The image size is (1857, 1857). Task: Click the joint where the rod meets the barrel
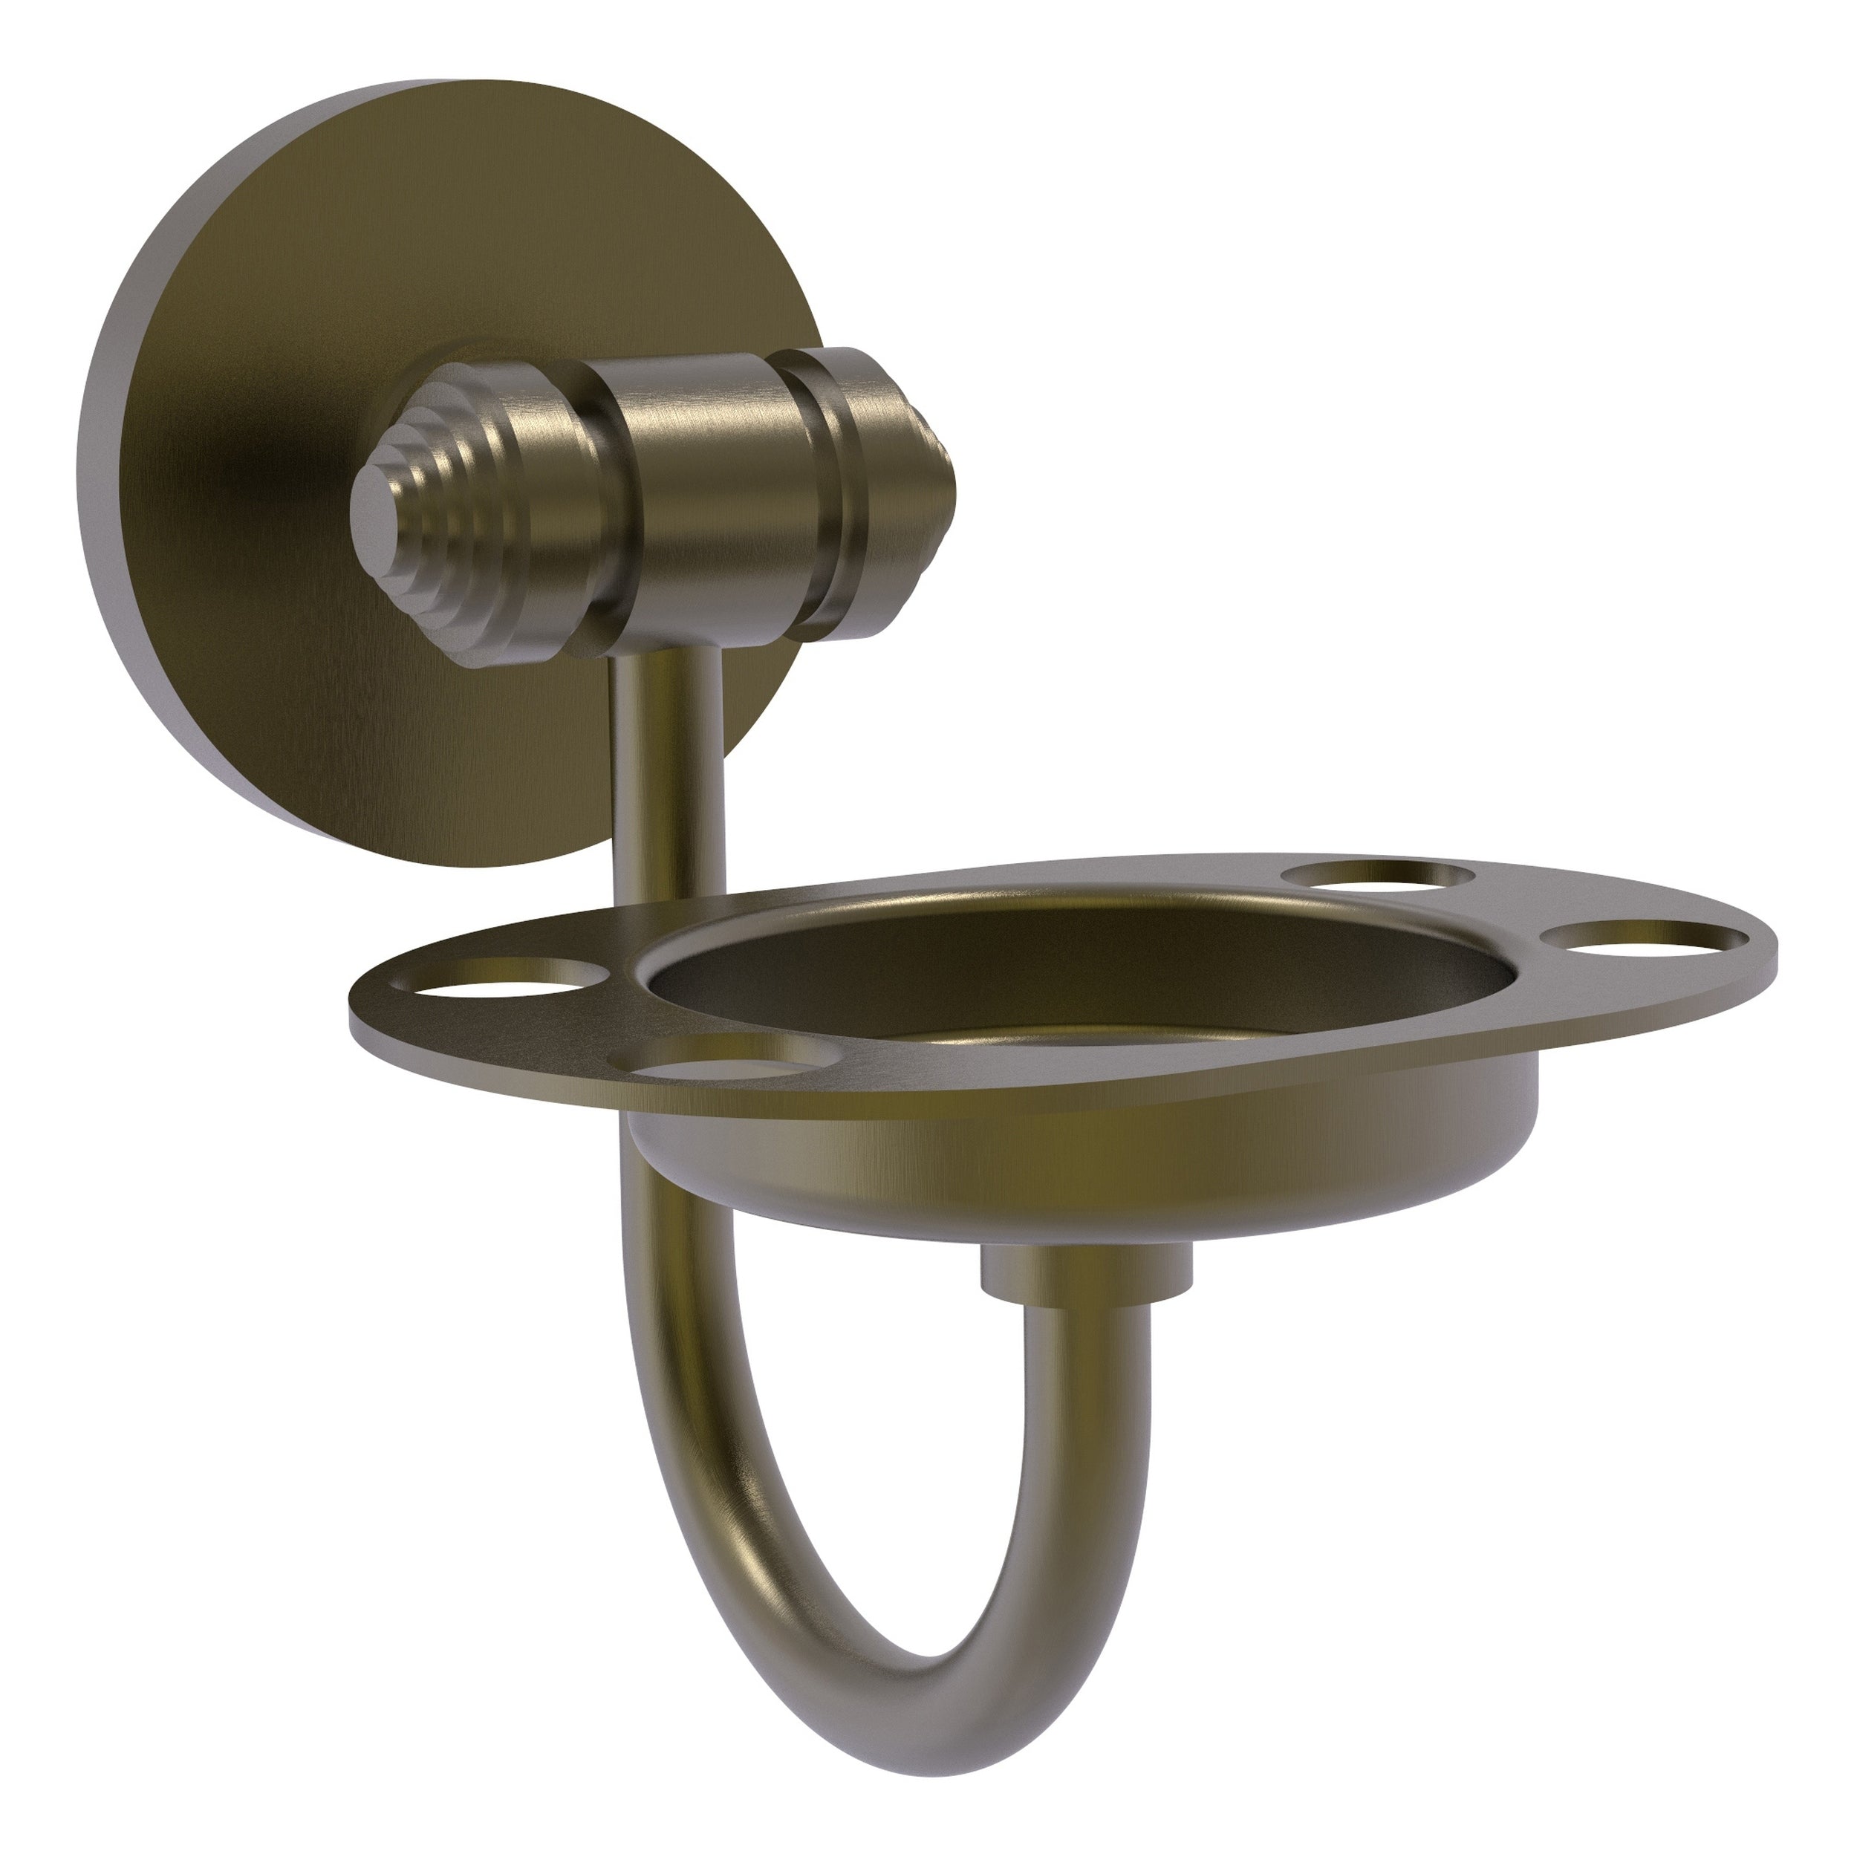(x=663, y=654)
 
